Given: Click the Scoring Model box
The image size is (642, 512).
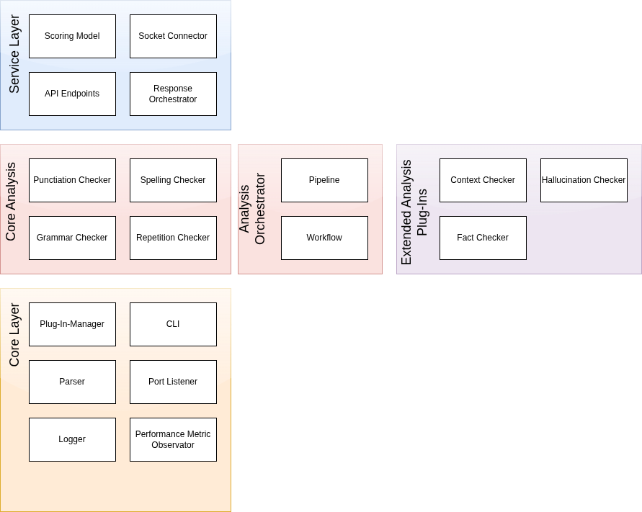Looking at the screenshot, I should coord(72,36).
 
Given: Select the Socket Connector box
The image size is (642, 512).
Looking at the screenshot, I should coord(173,36).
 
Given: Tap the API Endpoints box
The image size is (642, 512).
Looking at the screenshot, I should coord(72,94).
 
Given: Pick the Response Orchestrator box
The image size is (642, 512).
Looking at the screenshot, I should coord(173,94).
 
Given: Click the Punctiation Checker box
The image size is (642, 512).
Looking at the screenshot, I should coord(72,180).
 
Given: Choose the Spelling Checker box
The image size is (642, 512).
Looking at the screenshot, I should coord(173,180).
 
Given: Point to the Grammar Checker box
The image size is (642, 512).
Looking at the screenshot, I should coord(72,238).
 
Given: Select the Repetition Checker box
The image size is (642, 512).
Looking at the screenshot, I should coord(173,238).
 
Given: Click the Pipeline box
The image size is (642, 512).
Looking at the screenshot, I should coord(324,180).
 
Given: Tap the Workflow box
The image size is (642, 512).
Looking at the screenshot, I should coord(324,238).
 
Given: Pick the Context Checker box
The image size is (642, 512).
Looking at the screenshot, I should coord(483,180).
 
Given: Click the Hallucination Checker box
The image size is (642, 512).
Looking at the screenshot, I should coord(584,180).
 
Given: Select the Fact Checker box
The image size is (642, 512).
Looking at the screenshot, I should coord(483,238).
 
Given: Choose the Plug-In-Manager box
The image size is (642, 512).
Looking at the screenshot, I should coord(72,324).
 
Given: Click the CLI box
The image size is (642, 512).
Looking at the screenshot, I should coord(173,324).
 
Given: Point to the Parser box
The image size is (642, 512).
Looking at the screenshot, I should coord(72,382).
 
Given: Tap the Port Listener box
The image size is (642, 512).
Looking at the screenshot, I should coord(173,382).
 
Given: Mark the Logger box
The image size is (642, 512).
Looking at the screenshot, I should coord(72,439).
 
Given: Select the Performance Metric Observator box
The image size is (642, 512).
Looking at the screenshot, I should coord(173,439).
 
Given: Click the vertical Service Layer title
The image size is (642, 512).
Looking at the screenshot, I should coord(14,55).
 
